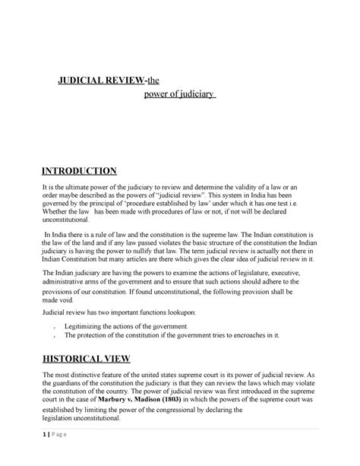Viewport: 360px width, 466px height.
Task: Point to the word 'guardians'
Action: pos(73,385)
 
